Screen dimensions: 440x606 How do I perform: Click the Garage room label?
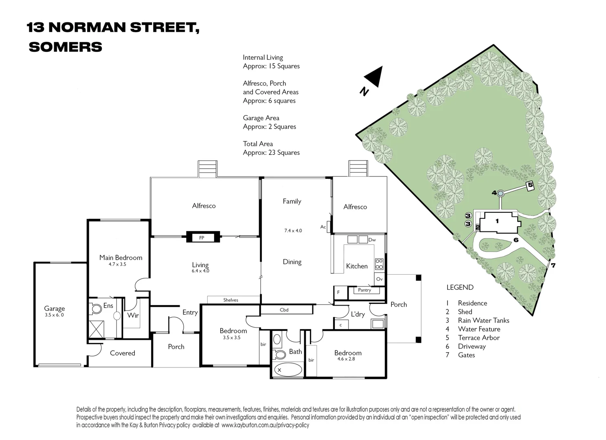(55, 309)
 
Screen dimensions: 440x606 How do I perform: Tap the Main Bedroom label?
(121, 257)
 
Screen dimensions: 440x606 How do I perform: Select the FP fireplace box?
(202, 238)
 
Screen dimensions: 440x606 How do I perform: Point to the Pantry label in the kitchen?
(364, 290)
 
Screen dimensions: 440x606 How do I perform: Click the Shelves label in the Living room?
(231, 300)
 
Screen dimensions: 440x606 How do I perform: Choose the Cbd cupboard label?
(284, 310)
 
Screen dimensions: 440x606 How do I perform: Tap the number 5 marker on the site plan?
(530, 185)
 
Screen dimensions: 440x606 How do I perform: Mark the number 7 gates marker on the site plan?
(553, 266)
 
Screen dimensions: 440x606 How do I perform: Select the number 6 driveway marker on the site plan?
(516, 240)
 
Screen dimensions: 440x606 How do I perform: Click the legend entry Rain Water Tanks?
(483, 321)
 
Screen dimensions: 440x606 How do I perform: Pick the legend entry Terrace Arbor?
(479, 338)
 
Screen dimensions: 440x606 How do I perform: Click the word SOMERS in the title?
(66, 47)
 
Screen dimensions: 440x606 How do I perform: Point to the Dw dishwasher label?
(372, 240)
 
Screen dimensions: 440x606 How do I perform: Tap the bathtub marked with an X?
(287, 370)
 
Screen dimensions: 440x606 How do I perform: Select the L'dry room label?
(358, 314)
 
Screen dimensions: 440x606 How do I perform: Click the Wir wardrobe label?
(133, 315)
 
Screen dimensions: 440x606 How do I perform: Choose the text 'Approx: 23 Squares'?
(271, 153)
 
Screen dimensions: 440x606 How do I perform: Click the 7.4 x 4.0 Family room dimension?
(293, 231)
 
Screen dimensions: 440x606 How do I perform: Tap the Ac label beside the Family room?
(323, 227)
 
